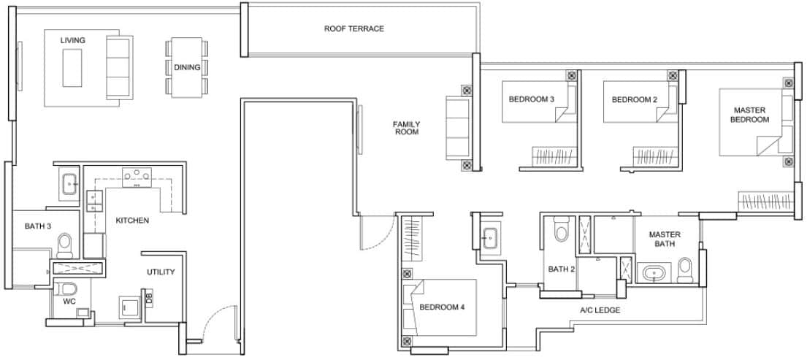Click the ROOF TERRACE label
pos(353,28)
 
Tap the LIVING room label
pos(72,40)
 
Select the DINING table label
pos(187,67)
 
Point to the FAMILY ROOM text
pos(406,128)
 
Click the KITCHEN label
pos(132,220)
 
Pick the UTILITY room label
pos(161,272)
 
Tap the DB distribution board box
pos(149,298)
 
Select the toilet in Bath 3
pos(64,242)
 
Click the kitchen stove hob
pos(137,175)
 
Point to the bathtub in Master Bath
pos(651,275)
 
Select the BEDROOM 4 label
pos(442,307)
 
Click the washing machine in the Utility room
pos(131,307)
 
